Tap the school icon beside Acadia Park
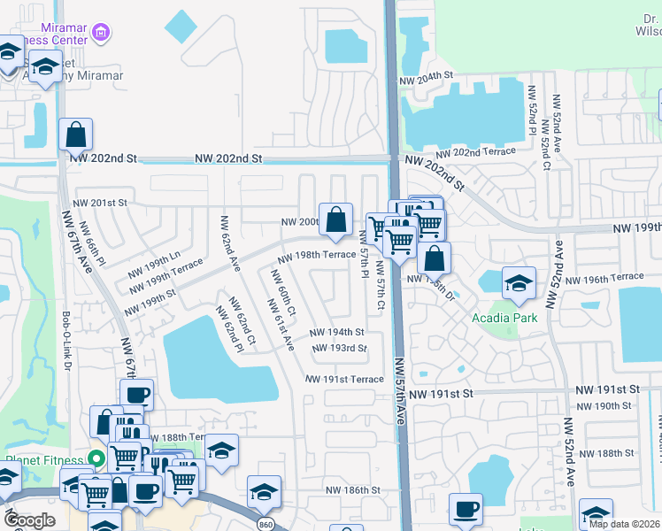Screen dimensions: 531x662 (519, 283)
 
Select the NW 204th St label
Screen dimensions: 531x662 (426, 80)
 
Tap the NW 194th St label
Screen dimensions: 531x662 (336, 332)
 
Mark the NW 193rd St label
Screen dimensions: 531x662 (339, 348)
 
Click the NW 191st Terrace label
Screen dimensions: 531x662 (344, 379)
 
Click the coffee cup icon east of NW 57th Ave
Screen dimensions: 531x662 (466, 509)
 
